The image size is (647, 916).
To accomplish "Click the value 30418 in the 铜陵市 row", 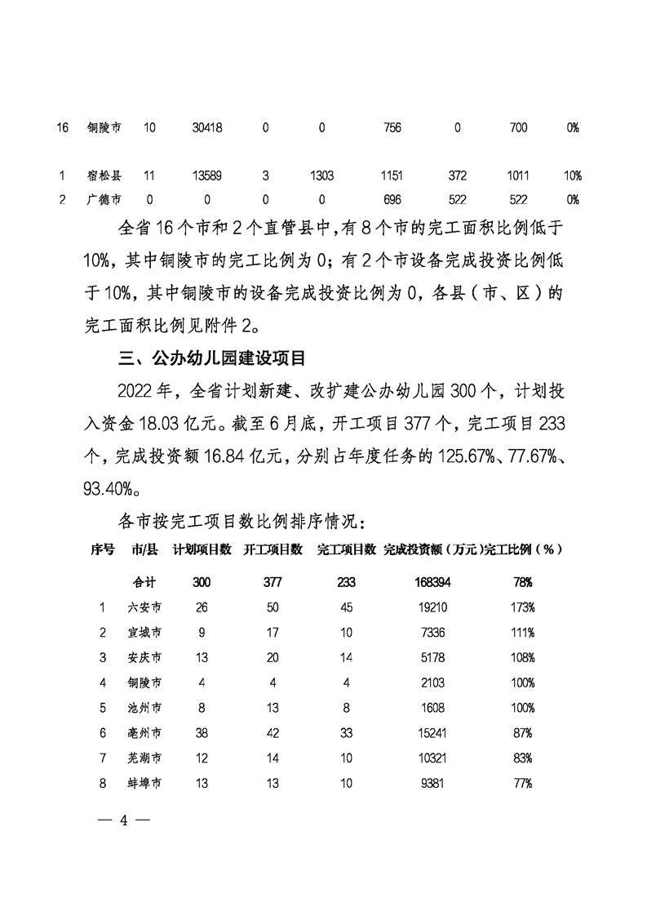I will [x=207, y=128].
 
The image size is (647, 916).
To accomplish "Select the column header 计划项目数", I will [x=202, y=550].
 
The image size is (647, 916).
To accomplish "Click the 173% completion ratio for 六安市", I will [x=522, y=607].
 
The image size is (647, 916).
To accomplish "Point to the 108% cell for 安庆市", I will [x=522, y=657].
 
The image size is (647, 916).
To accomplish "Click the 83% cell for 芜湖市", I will [x=522, y=758].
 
